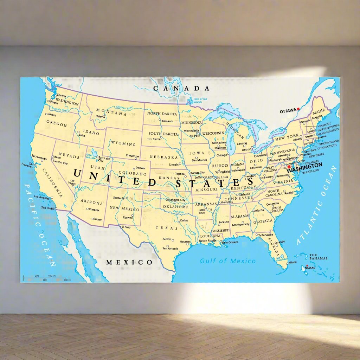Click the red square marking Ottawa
298,109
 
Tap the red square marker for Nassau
307,266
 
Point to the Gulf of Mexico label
228,261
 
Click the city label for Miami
292,263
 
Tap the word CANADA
181,89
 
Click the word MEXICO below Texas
129,262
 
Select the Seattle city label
61,96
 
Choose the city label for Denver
140,168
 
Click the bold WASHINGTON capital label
304,165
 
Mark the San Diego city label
48,208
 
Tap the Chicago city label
222,155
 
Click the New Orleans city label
230,242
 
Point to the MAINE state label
319,111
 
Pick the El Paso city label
126,227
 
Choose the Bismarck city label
167,121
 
